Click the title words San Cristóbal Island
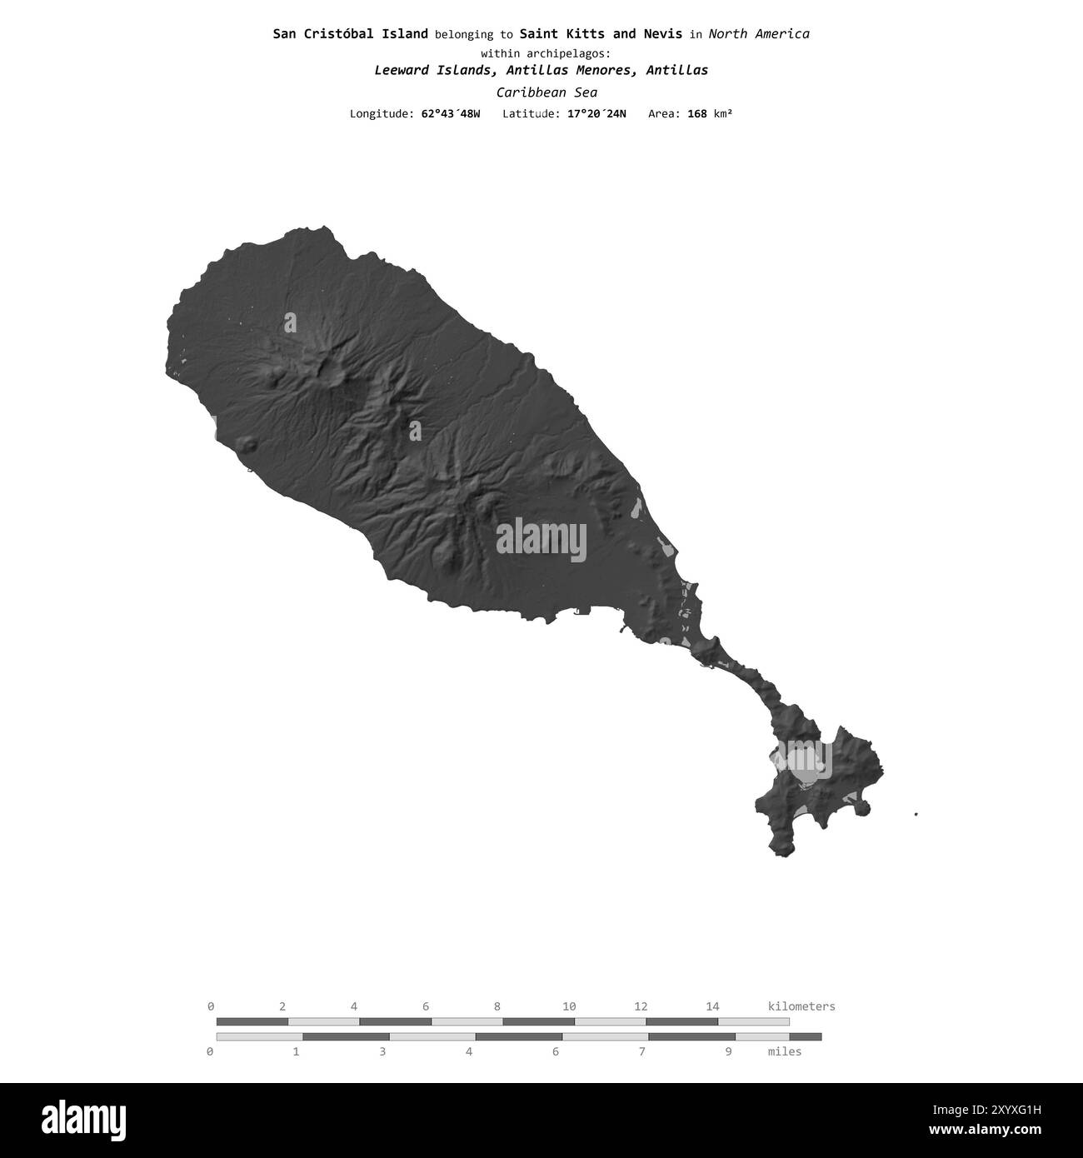[351, 34]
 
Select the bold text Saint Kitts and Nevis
[600, 34]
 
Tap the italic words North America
[758, 34]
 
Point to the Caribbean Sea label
[546, 92]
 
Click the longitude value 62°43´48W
[450, 113]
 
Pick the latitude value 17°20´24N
[596, 113]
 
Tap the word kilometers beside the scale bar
[801, 1006]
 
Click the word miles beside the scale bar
[784, 1051]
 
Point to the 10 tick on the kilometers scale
[569, 1006]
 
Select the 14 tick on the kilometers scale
[712, 1006]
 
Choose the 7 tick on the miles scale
[641, 1051]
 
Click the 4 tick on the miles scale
[469, 1051]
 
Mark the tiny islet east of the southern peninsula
[916, 814]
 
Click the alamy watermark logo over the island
[541, 540]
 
